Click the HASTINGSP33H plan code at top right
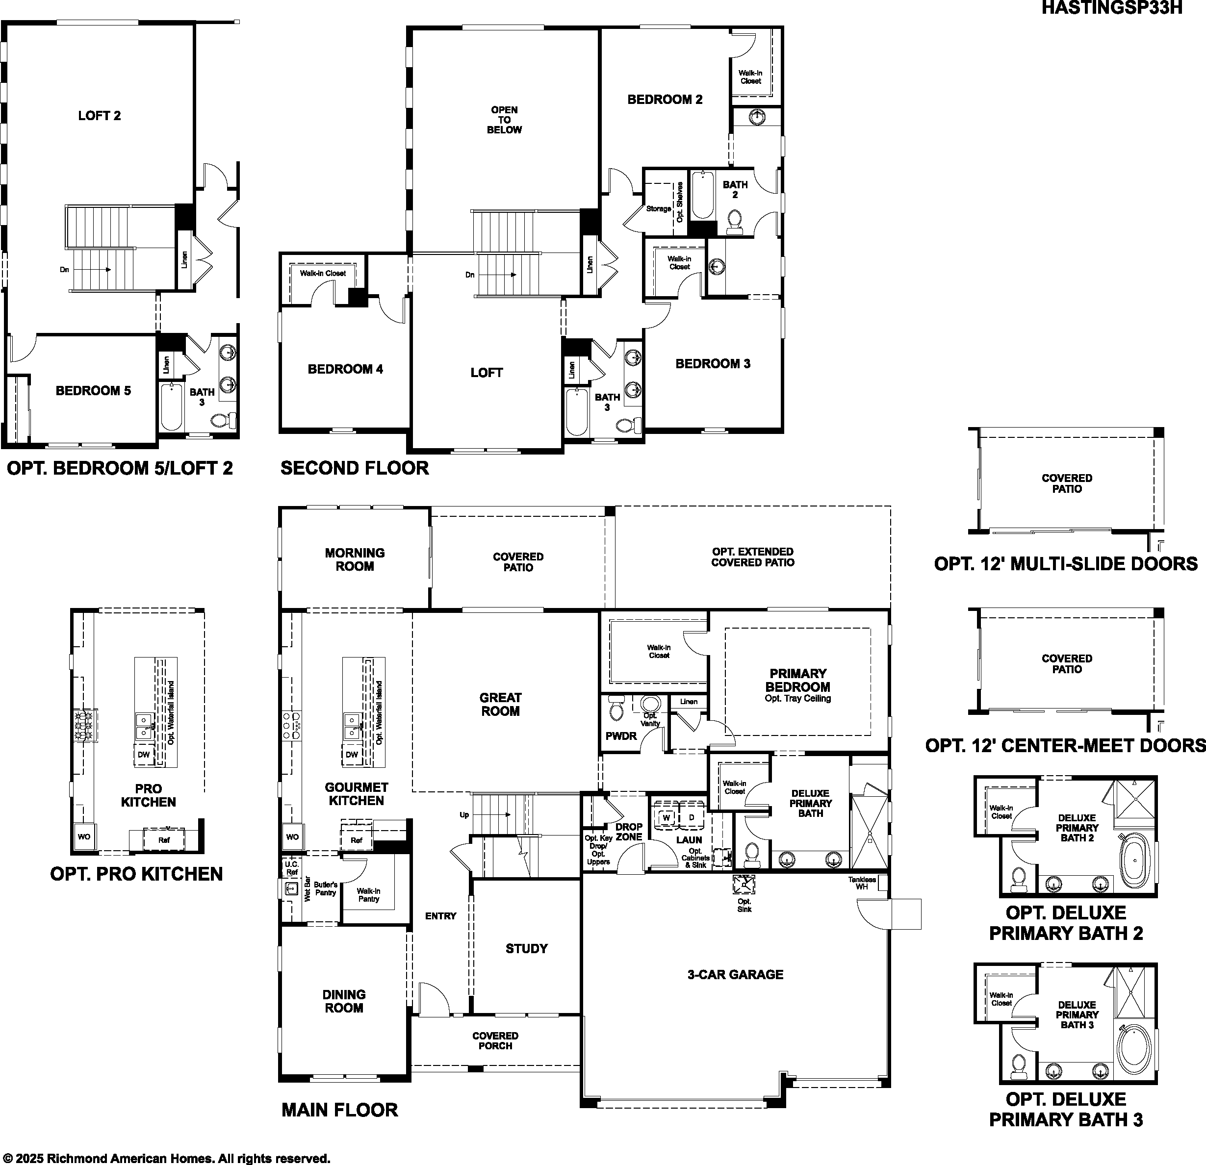[1111, 9]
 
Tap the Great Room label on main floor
[500, 704]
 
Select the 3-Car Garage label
[735, 974]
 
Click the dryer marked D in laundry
[692, 817]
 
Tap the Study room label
[526, 948]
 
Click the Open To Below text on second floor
[504, 120]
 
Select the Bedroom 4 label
[345, 369]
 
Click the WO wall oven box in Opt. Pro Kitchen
[84, 836]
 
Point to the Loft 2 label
[99, 116]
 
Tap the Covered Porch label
[495, 1041]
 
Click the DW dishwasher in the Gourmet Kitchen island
[351, 755]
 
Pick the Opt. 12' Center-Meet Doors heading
[1066, 745]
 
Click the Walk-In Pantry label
[369, 895]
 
